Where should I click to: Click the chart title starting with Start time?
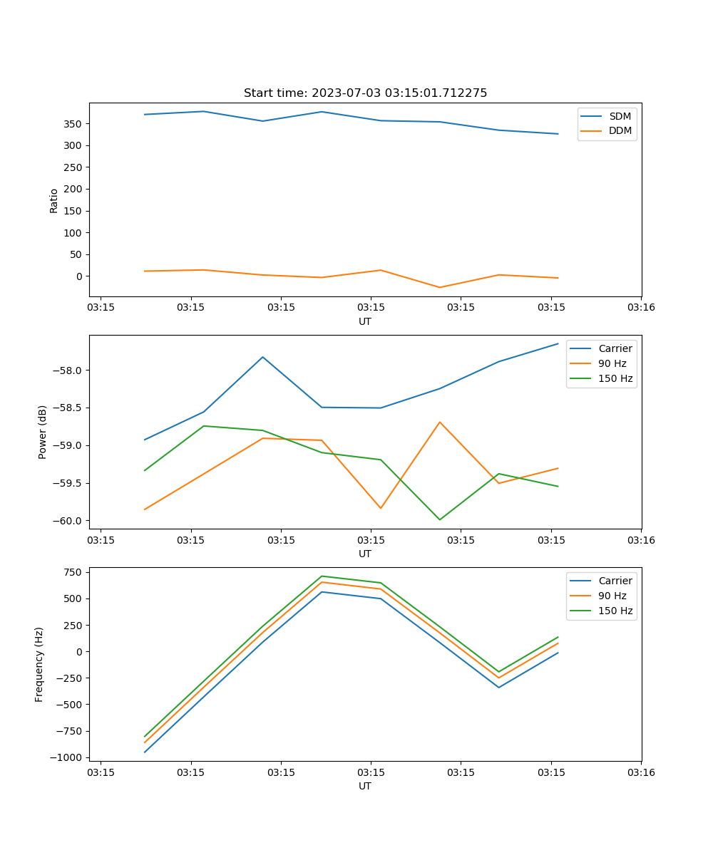(x=365, y=93)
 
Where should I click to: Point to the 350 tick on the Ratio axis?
(x=72, y=124)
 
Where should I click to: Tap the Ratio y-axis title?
(x=54, y=200)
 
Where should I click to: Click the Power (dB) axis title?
(x=43, y=432)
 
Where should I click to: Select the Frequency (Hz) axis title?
(x=39, y=664)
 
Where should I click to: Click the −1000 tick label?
(x=68, y=757)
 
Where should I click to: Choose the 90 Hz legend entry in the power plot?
(x=612, y=363)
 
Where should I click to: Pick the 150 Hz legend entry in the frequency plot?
(x=615, y=611)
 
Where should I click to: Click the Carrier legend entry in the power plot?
(x=615, y=348)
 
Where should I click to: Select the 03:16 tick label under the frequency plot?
(x=641, y=772)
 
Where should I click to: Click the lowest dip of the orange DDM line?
(x=439, y=288)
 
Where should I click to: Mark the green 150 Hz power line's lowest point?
(x=439, y=519)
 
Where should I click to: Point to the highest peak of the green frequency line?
(x=322, y=576)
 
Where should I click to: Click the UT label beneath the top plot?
(x=365, y=321)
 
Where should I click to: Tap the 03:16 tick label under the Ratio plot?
(x=641, y=307)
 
